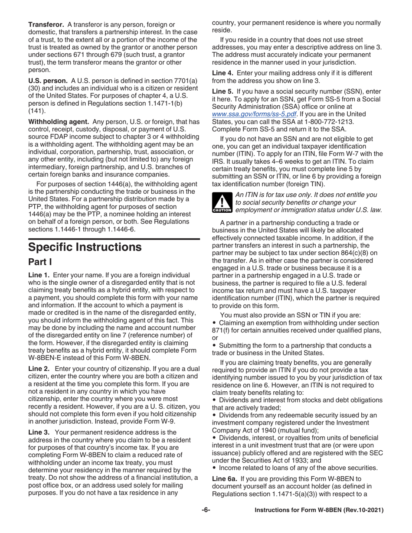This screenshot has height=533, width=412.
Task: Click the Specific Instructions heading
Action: coord(85,247)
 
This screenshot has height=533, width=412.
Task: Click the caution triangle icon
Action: coord(222,203)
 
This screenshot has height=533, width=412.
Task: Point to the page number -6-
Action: coord(206,511)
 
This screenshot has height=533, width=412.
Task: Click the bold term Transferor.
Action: coord(46,23)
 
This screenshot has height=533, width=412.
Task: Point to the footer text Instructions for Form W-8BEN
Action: coord(319,511)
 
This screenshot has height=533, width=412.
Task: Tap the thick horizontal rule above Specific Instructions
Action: coord(114,239)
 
